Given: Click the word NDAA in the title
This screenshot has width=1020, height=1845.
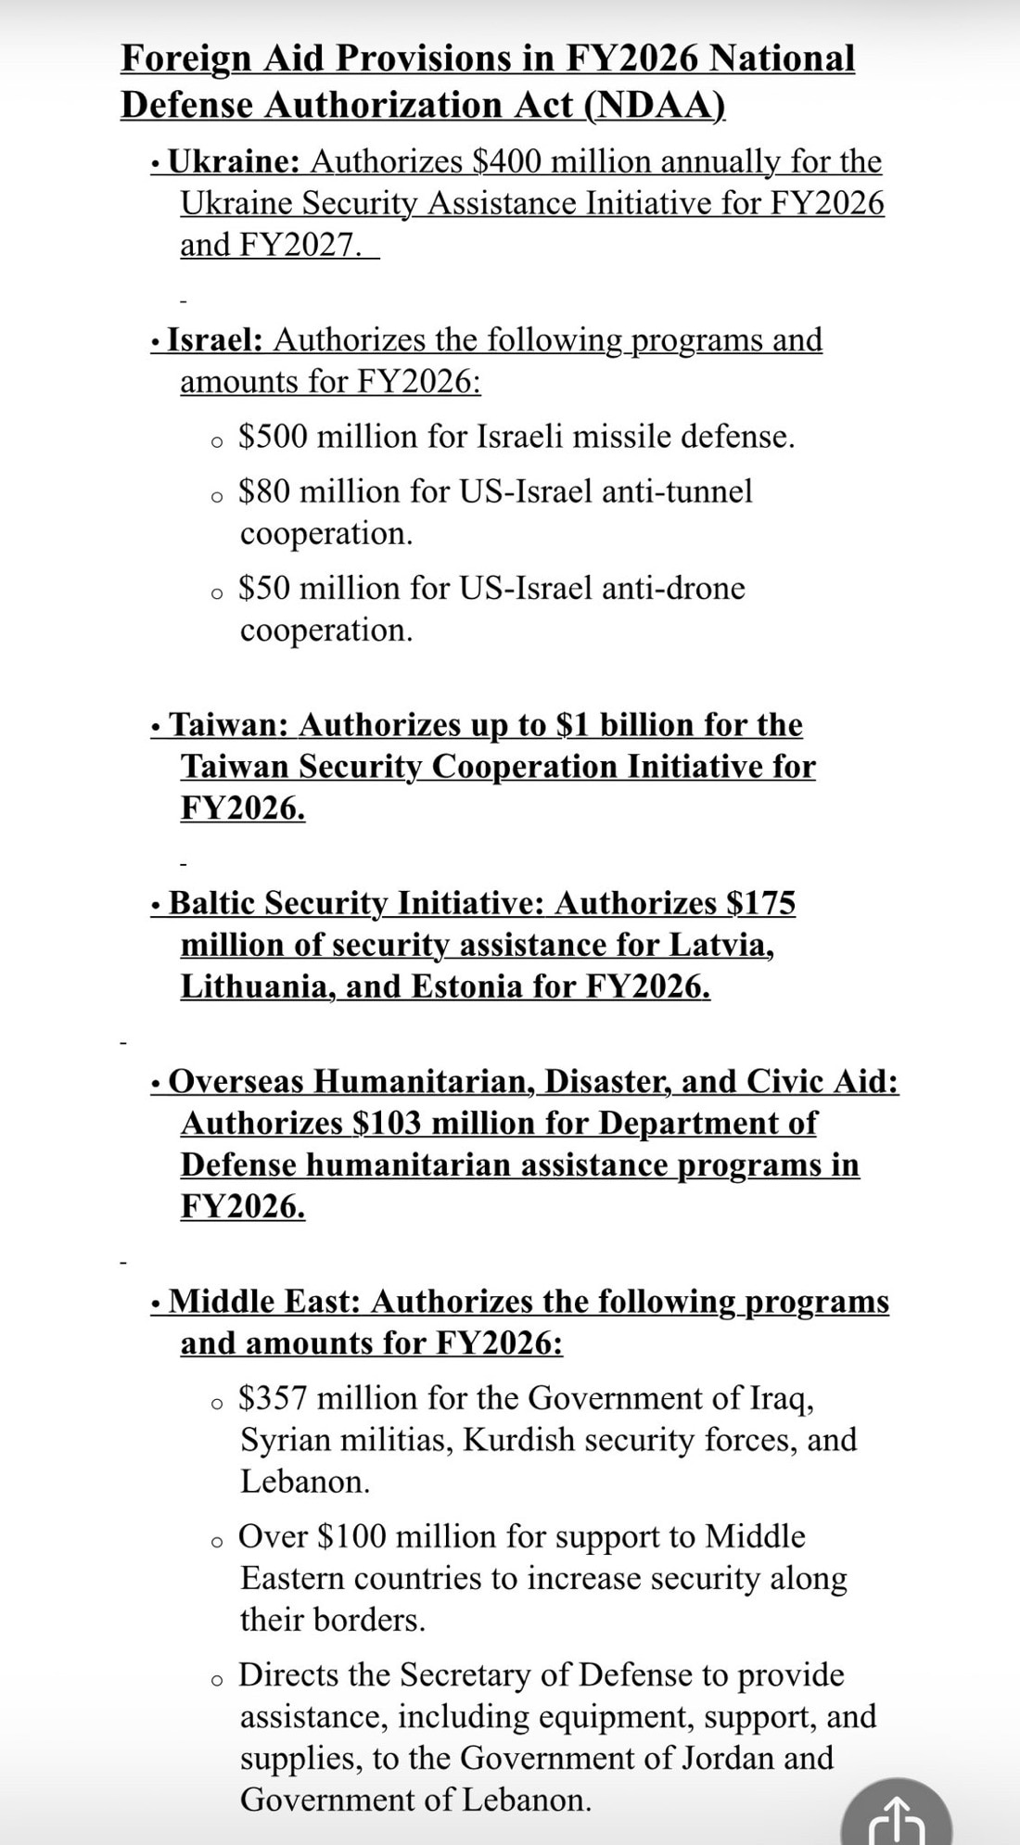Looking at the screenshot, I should pyautogui.click(x=654, y=106).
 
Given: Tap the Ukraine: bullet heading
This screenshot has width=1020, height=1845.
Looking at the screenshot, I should pyautogui.click(x=232, y=162).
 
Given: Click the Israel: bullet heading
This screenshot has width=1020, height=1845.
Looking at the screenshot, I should pyautogui.click(x=215, y=340).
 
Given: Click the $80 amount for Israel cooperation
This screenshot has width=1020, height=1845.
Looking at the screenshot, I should pyautogui.click(x=264, y=491).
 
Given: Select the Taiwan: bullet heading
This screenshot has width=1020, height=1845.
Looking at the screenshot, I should pyautogui.click(x=229, y=725).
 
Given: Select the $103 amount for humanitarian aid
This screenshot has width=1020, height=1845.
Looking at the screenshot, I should pyautogui.click(x=388, y=1124).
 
